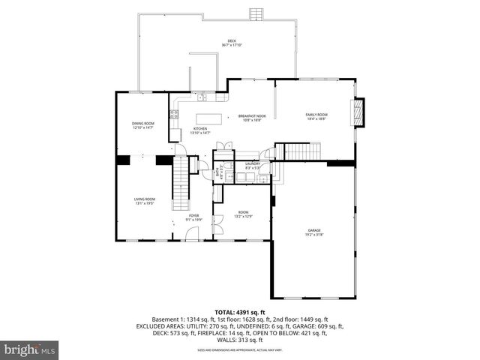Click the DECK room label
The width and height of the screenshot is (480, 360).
point(231,41)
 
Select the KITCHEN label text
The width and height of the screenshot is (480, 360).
point(200,129)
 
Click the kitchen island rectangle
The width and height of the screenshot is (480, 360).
point(210,118)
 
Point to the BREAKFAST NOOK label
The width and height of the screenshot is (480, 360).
point(252,115)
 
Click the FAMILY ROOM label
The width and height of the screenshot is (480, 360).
point(316,115)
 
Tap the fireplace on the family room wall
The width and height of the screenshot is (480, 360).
point(358,113)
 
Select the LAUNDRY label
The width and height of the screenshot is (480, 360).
point(252,164)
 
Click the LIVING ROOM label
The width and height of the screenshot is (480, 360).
point(145,199)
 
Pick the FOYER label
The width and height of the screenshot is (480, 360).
point(193,216)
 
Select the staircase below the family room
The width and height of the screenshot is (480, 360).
point(302,151)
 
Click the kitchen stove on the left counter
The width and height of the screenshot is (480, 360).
point(174,115)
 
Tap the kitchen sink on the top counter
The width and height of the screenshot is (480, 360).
point(202,97)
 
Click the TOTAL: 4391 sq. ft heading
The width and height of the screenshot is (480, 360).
point(240,312)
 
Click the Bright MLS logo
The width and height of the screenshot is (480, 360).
point(30,349)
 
